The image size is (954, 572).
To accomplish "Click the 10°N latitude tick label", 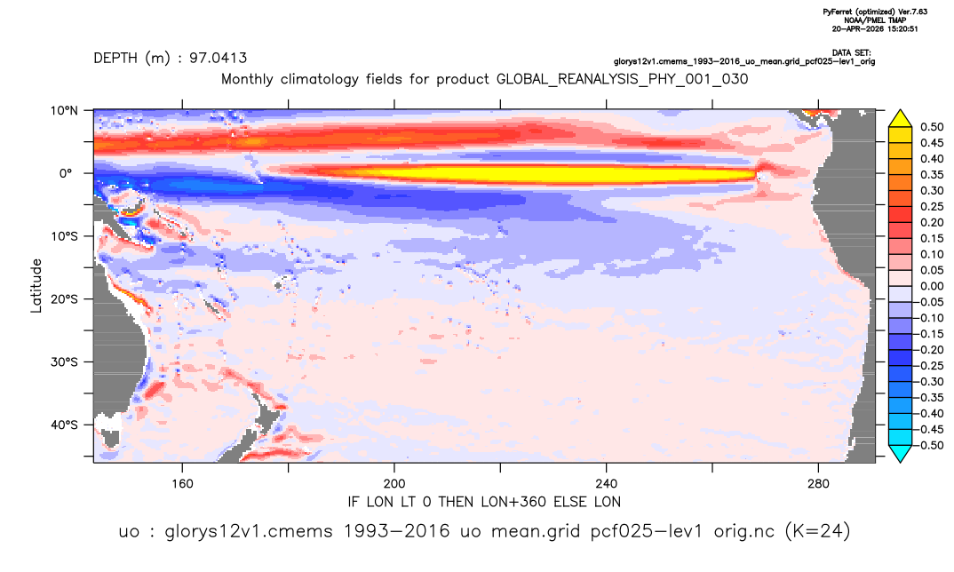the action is (64, 111).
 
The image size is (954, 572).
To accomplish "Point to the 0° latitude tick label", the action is (66, 173).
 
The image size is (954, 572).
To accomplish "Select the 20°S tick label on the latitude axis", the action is (64, 299).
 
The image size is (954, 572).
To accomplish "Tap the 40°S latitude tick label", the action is (64, 425).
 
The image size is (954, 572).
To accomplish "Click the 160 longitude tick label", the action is (182, 484).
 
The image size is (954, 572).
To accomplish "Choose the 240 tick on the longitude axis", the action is (607, 484).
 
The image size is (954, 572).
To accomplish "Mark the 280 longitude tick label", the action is (818, 484).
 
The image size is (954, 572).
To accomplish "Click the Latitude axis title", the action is (36, 286).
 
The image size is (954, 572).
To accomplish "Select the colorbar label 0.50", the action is (932, 127).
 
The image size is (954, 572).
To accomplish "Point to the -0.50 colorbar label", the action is (930, 445).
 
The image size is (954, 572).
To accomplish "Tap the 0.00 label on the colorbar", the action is (932, 287).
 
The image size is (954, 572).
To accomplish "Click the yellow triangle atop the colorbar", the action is (900, 119).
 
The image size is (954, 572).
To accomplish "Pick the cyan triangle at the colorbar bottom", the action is (900, 453).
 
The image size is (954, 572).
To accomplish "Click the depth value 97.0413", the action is (218, 59).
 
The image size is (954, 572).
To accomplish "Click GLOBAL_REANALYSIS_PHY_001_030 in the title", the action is (623, 80).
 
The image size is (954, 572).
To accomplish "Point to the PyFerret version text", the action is (875, 12).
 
